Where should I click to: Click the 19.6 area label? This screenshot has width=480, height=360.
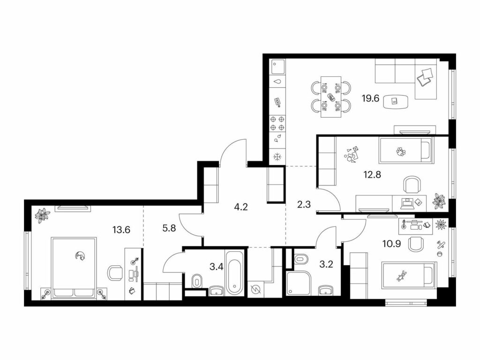coord(370,98)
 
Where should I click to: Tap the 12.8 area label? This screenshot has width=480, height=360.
coord(372,175)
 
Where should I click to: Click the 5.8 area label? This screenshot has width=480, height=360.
coord(169,228)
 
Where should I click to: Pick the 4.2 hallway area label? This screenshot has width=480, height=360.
coord(240,207)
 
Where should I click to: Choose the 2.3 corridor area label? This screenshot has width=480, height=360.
coord(304,204)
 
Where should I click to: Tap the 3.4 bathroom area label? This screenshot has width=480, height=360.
coord(217,267)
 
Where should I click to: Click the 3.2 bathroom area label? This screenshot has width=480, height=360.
coord(326,264)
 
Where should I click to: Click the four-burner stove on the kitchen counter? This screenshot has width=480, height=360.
coord(277,123)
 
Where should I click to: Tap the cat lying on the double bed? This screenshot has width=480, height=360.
coord(81,256)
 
